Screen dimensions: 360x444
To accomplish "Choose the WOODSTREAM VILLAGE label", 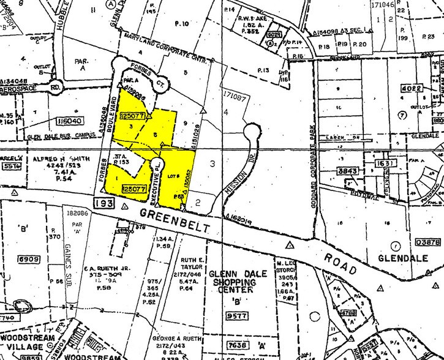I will click(28, 340).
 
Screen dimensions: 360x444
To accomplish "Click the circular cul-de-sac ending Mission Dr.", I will click(251, 133).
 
